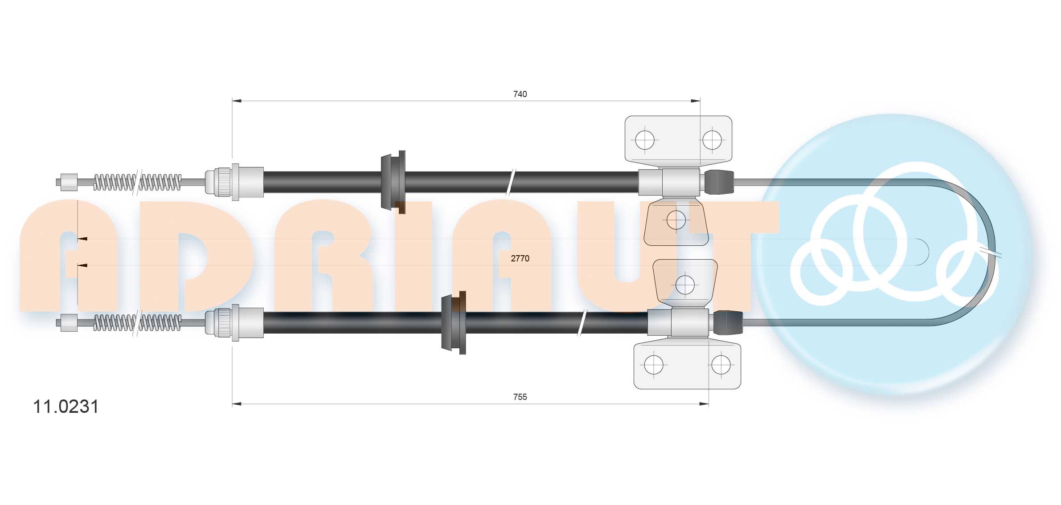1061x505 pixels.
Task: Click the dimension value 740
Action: [520, 94]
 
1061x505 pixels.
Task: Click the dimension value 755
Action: [520, 397]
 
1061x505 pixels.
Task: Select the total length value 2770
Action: [520, 258]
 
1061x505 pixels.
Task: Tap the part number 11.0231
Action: [66, 407]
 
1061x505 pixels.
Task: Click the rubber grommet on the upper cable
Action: [393, 182]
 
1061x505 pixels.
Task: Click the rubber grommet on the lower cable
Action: [454, 322]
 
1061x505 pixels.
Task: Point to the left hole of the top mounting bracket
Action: [644, 140]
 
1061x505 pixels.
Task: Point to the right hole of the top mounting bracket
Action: [712, 140]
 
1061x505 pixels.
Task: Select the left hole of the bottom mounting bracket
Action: [654, 365]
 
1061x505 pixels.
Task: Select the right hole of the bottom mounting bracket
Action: [721, 365]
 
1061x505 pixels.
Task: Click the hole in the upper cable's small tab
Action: [676, 220]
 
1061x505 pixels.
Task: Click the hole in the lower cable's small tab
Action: [685, 285]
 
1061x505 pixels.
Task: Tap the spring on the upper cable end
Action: [137, 182]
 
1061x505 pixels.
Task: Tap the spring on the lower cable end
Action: [137, 323]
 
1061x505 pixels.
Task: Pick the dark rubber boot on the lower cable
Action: [728, 322]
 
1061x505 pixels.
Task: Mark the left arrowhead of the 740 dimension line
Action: [237, 101]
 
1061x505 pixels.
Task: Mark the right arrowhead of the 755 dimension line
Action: [704, 404]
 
